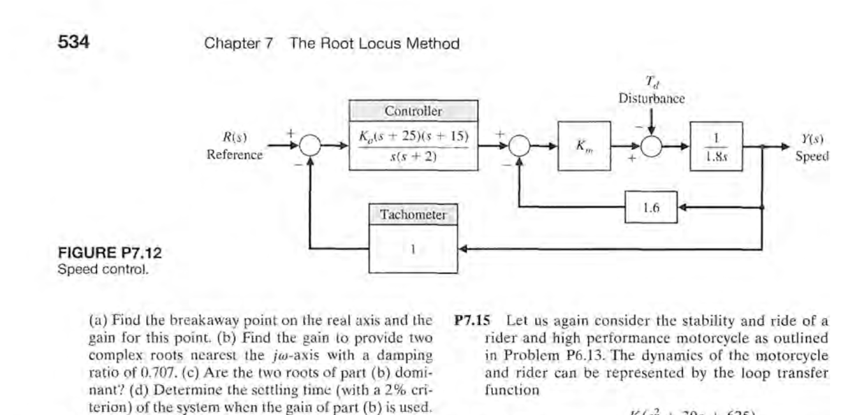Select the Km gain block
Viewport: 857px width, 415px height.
(583, 147)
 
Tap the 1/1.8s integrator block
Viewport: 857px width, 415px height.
(716, 146)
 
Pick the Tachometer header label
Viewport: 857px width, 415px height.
(413, 215)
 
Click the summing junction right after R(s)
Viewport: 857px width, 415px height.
(311, 147)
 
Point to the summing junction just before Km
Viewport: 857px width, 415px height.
(520, 147)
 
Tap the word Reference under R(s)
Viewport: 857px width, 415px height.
(235, 155)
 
